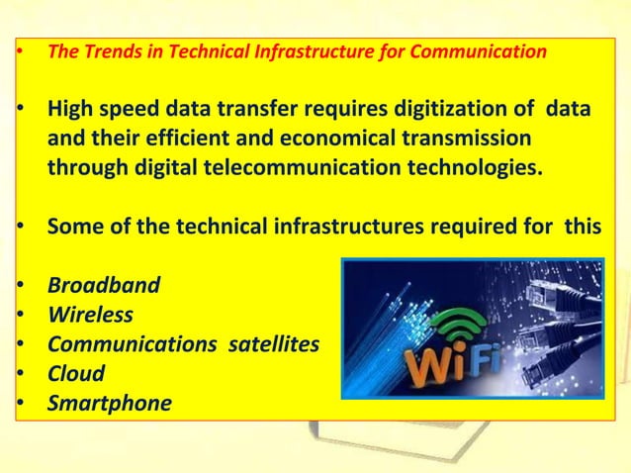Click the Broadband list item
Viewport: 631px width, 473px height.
point(103,286)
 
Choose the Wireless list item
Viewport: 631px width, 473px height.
point(90,316)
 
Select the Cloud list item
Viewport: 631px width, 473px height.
point(76,374)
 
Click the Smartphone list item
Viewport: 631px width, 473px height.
point(109,404)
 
